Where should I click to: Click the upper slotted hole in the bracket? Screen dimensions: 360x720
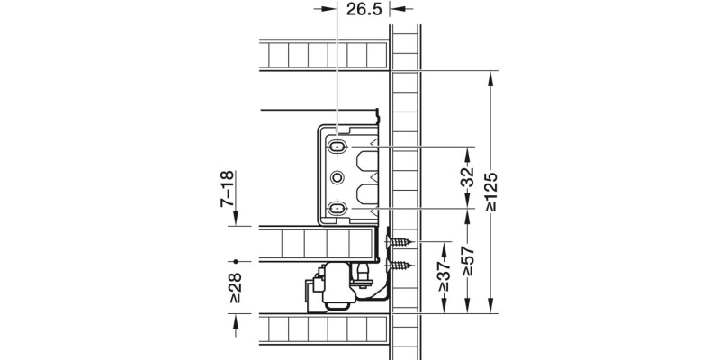click(337, 146)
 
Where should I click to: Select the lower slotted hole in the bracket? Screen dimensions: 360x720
click(337, 208)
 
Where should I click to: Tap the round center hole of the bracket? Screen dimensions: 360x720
click(337, 176)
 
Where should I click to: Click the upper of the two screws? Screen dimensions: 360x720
click(403, 242)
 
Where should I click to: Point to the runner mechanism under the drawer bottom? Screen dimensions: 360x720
click(342, 286)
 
